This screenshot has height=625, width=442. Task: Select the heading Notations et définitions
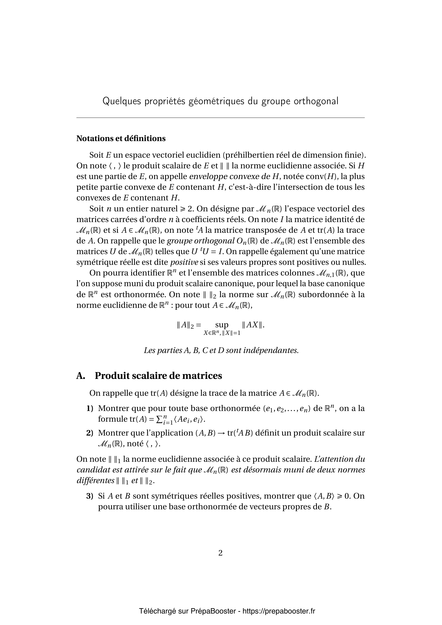click(x=121, y=139)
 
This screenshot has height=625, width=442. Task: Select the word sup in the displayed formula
click(x=222, y=325)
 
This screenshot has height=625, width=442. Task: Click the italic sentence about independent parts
click(x=221, y=350)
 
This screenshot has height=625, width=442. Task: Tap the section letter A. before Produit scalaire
click(x=80, y=376)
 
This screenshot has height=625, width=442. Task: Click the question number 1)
click(x=90, y=409)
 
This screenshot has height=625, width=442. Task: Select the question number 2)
click(x=90, y=433)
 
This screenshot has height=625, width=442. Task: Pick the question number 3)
click(x=90, y=496)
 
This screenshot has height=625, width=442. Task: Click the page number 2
click(x=220, y=553)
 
